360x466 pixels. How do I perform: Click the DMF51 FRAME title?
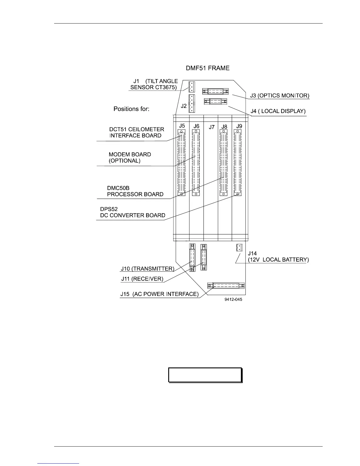(208, 68)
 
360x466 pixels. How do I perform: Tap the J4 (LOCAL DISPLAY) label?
(278, 111)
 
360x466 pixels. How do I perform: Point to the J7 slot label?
(211, 127)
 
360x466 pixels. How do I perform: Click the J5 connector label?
(182, 126)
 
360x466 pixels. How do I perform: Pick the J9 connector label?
(239, 126)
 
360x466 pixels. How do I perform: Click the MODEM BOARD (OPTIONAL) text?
(130, 158)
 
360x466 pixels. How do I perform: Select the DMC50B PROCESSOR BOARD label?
(135, 191)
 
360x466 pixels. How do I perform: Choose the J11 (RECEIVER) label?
(142, 279)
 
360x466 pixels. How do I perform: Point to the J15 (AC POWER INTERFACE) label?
(159, 294)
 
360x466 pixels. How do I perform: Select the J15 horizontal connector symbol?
(226, 286)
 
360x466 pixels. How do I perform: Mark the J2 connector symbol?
(191, 104)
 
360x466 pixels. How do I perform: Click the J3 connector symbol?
(215, 91)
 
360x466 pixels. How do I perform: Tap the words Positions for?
(131, 109)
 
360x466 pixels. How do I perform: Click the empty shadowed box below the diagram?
(205, 375)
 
